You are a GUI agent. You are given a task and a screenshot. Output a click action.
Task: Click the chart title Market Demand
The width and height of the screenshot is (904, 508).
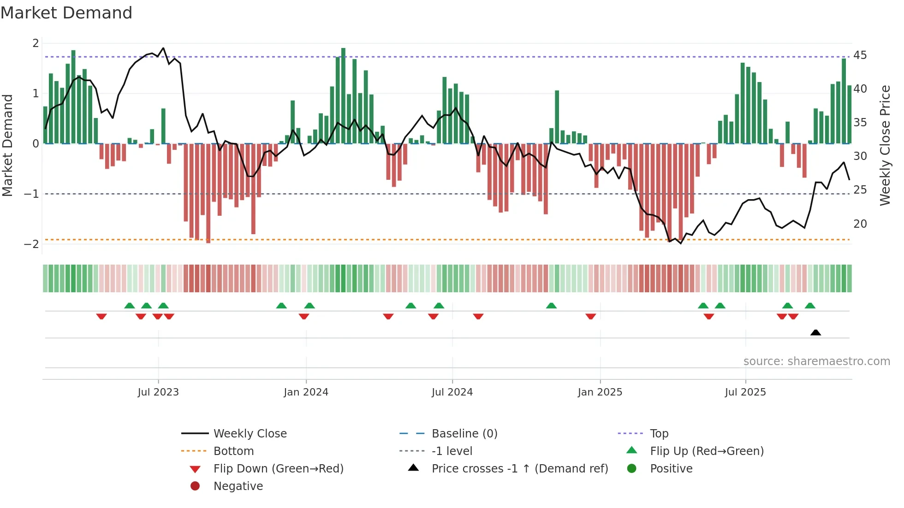pos(66,13)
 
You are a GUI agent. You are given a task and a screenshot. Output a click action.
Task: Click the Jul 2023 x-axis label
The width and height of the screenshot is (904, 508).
pos(158,392)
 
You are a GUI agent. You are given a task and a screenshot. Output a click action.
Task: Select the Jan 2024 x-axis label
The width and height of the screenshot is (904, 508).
pos(306,392)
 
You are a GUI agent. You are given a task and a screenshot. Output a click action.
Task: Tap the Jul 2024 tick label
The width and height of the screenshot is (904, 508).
pos(452,392)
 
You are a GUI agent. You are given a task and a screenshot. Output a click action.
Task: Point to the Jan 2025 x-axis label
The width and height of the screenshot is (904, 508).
pos(600,392)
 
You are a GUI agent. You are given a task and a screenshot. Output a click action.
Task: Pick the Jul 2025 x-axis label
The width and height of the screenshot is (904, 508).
pos(745,392)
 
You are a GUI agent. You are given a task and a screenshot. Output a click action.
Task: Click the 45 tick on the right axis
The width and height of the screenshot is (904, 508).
pos(860,55)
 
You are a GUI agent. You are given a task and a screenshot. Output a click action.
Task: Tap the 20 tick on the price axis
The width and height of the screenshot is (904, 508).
pos(860,224)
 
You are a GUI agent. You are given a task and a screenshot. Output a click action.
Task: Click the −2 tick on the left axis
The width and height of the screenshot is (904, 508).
pos(31,244)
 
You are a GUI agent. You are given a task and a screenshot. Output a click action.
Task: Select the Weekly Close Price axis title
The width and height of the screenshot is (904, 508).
pos(885,145)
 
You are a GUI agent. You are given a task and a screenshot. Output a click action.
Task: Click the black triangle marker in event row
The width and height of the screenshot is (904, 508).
pos(815,332)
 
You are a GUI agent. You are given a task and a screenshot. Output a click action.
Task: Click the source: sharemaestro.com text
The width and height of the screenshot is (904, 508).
pos(816,361)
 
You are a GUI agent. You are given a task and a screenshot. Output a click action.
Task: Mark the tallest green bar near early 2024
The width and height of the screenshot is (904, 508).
pos(343,95)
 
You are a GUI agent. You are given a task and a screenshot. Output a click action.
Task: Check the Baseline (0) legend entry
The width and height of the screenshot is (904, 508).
pos(464,434)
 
